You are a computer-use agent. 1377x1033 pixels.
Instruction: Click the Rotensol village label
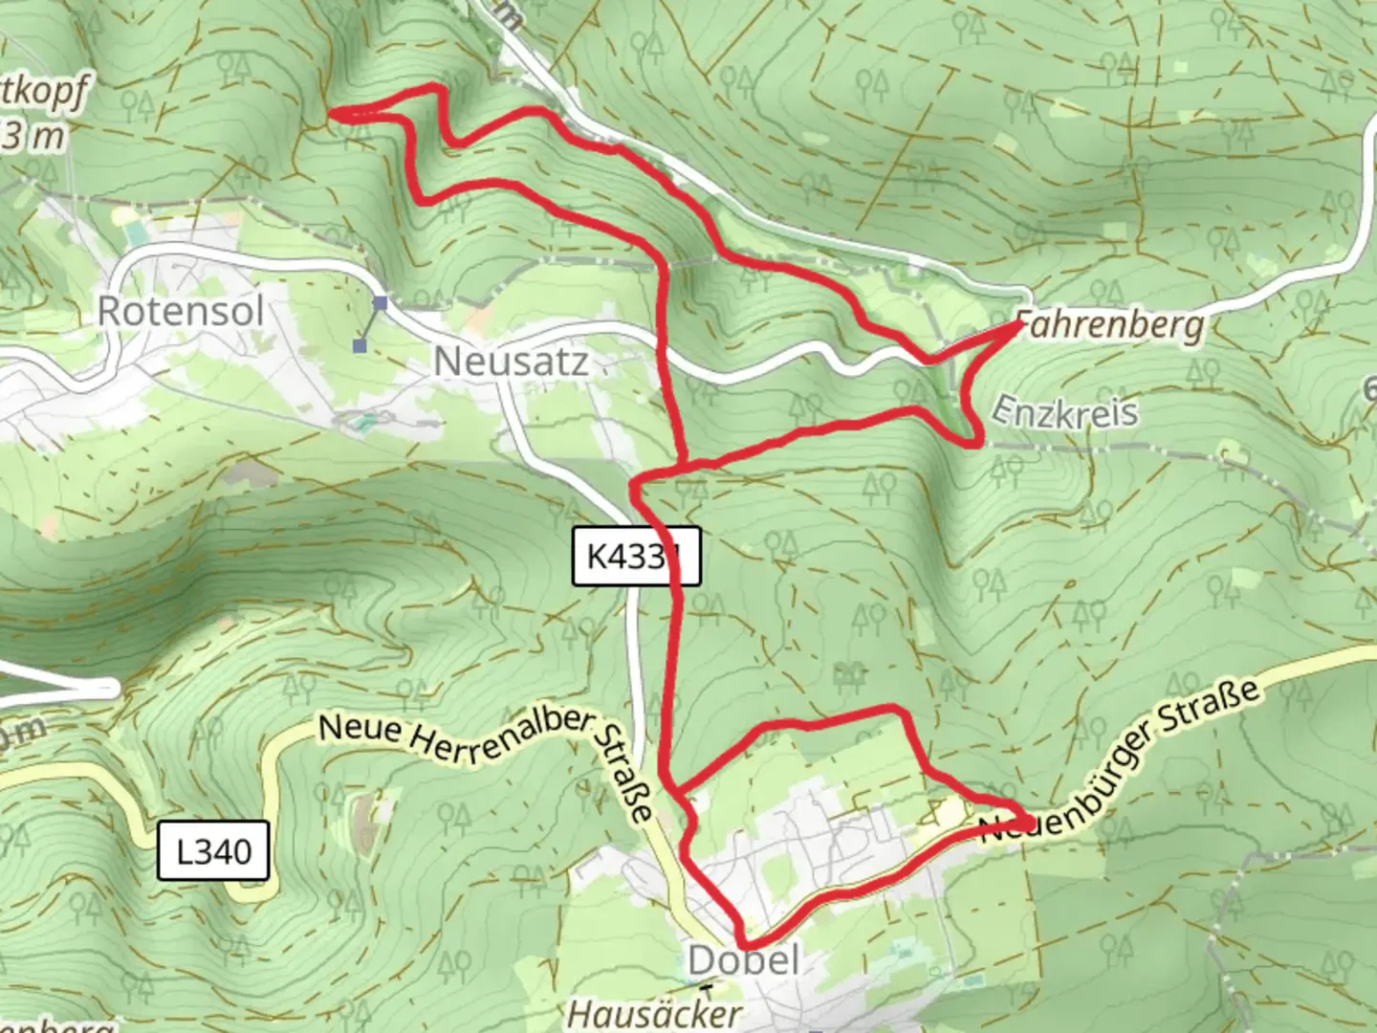coord(181,311)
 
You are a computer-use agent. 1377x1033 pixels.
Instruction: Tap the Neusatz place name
coord(511,362)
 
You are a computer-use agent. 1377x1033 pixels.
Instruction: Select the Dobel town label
coord(743,960)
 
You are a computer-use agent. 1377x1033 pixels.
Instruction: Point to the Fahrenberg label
coord(1109,325)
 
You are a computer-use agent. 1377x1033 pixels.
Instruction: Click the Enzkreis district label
coord(1064,411)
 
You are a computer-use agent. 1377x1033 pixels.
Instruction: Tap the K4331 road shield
coord(636,556)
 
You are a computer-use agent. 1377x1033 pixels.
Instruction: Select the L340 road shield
coord(215,850)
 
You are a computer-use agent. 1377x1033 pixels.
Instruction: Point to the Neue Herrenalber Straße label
coord(488,756)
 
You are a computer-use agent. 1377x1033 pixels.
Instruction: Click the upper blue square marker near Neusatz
coord(381,303)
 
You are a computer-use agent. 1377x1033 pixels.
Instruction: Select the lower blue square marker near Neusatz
coord(361,345)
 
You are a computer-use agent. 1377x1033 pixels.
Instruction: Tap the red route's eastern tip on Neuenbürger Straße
coord(1029,822)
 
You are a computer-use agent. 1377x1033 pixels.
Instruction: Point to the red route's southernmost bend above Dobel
coord(744,945)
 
